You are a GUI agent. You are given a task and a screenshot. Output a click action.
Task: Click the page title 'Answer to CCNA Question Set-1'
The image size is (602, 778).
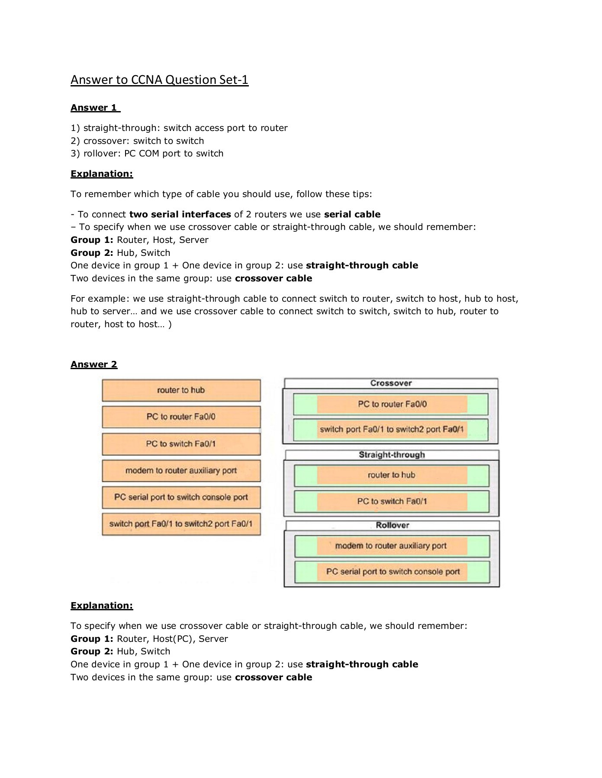(159, 80)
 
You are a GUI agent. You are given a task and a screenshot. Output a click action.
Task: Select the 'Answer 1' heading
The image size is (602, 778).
(95, 108)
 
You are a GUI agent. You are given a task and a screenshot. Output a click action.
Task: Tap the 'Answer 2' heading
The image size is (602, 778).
(94, 364)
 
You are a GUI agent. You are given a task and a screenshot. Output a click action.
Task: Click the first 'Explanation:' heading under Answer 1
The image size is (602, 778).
(102, 174)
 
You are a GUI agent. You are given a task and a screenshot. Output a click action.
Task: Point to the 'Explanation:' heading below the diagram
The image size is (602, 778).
(102, 606)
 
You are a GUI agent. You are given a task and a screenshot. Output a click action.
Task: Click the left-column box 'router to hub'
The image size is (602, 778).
(181, 390)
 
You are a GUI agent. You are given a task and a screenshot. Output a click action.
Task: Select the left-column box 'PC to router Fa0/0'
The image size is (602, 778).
(181, 417)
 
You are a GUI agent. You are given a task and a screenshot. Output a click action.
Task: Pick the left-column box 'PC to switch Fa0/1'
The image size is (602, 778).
(181, 444)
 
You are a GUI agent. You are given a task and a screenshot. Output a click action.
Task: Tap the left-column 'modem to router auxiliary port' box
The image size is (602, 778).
(181, 471)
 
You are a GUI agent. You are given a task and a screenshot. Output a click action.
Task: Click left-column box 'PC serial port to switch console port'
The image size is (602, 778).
(181, 497)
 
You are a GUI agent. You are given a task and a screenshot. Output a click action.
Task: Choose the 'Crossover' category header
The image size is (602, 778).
(391, 383)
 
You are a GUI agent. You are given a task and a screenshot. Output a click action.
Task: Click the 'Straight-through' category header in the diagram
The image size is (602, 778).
(392, 455)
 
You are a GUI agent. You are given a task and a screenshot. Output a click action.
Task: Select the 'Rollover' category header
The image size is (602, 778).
(392, 525)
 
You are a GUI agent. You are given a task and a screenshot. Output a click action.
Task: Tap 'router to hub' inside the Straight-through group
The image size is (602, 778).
(392, 475)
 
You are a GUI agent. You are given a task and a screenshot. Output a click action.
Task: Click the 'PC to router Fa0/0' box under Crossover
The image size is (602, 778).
(392, 405)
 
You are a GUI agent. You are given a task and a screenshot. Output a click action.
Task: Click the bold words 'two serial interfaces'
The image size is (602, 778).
(180, 215)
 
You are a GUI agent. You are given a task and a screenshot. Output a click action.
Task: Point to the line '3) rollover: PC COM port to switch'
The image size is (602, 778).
(147, 154)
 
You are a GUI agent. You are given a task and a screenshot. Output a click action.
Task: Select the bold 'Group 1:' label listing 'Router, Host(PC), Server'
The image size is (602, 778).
(92, 639)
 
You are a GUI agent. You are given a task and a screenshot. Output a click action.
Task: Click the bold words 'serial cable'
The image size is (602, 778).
(352, 215)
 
